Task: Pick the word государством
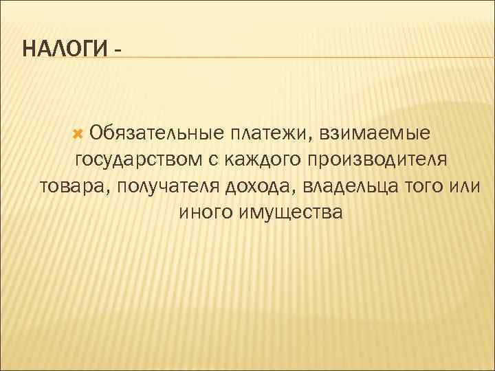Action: [x=137, y=160]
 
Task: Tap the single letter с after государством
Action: [x=212, y=160]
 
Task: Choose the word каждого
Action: [x=255, y=160]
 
